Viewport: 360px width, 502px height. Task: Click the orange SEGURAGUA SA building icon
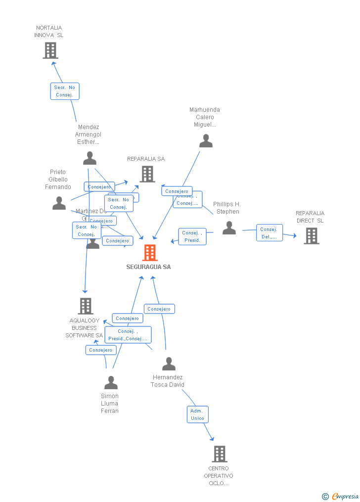click(150, 253)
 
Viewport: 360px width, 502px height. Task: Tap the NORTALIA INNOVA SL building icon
click(50, 50)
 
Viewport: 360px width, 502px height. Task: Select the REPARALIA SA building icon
click(147, 174)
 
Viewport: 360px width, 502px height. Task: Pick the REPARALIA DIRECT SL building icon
click(312, 236)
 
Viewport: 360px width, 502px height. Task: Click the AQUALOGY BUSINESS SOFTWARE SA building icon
click(86, 306)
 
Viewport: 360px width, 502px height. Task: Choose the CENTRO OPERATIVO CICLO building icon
click(220, 454)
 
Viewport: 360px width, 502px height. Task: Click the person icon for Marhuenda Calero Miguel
click(206, 141)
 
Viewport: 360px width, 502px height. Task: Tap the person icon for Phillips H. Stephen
click(229, 228)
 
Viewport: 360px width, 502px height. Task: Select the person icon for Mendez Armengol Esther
click(90, 158)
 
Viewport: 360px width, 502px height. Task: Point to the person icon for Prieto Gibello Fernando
click(59, 203)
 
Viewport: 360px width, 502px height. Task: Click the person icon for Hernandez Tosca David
click(169, 364)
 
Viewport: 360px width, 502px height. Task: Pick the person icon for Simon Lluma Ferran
click(111, 383)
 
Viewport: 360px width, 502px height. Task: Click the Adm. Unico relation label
click(197, 414)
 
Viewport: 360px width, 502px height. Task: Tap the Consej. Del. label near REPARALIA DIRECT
click(270, 233)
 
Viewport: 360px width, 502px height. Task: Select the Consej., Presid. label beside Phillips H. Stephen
click(192, 236)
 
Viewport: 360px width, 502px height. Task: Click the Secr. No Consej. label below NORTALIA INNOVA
click(65, 91)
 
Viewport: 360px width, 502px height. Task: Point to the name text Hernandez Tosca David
click(168, 381)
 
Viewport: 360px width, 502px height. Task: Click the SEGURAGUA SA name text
click(148, 267)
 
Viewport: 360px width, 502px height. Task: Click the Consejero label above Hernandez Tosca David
click(159, 309)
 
